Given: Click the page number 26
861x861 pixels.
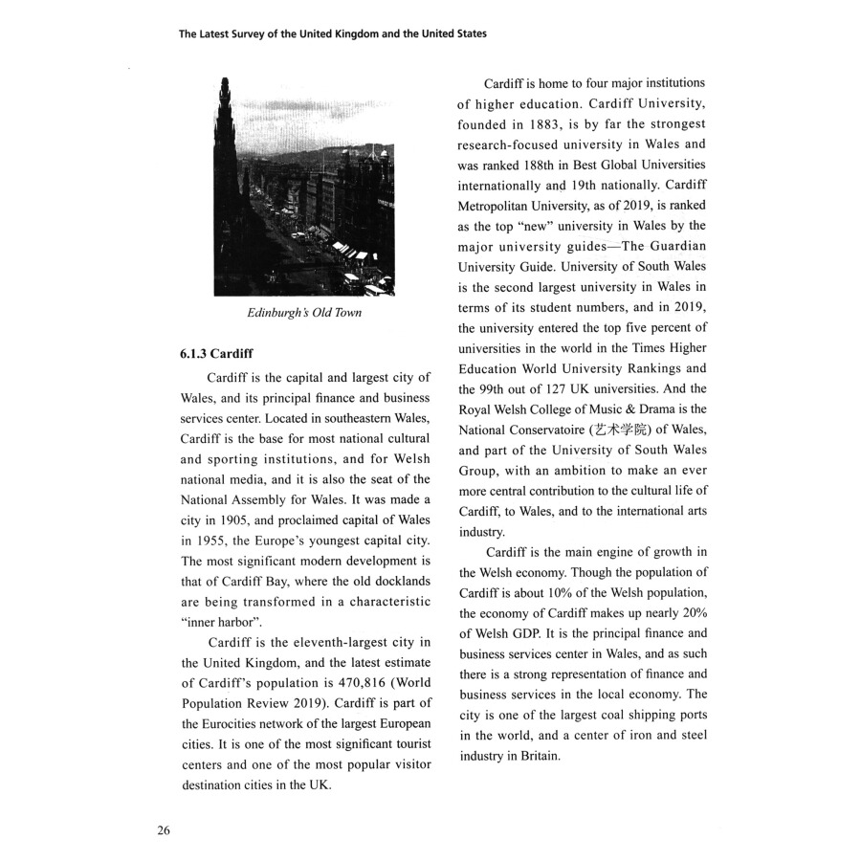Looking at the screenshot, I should coord(164,829).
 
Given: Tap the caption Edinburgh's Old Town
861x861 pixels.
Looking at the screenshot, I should coord(304,313).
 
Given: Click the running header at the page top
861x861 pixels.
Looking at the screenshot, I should coord(333,33).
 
